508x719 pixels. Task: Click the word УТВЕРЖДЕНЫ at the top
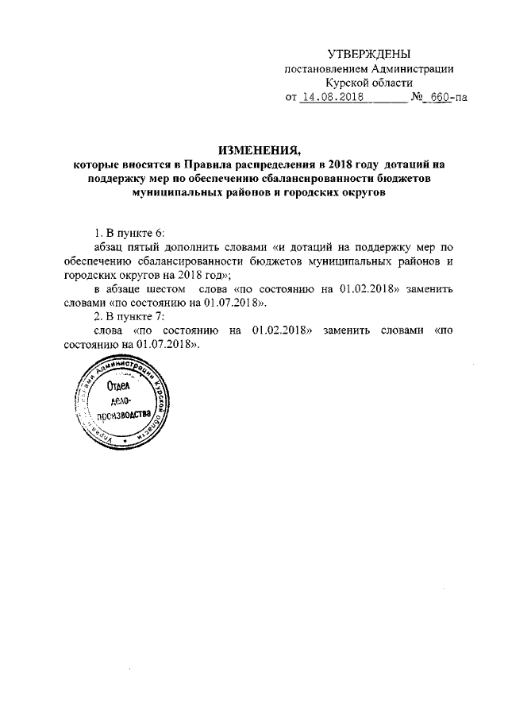point(370,54)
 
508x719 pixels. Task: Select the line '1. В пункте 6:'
point(128,233)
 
